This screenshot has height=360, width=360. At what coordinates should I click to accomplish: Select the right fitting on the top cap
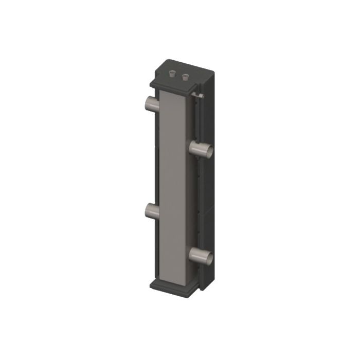click(x=185, y=77)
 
